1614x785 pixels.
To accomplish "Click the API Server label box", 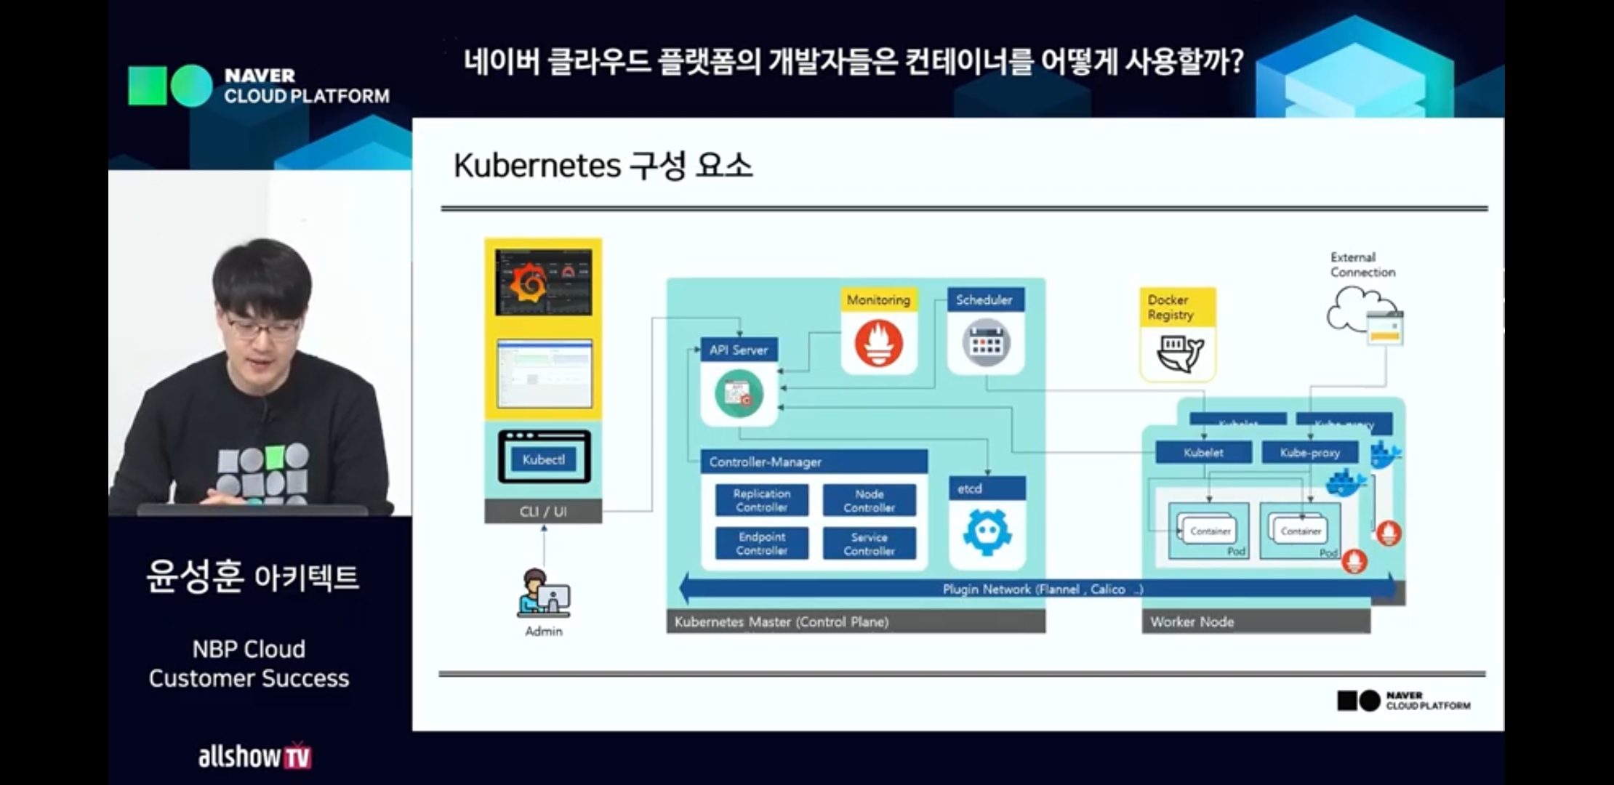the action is coord(739,350).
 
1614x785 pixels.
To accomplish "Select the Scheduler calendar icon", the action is coord(986,342).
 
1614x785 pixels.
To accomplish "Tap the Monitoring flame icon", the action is coord(879,343).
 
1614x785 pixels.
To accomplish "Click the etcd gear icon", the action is coord(987,531).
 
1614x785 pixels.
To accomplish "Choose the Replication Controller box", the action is coord(761,500).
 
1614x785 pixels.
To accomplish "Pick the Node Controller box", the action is coord(869,500).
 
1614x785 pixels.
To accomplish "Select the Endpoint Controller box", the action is coord(761,543).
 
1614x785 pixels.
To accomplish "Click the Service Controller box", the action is coord(869,543).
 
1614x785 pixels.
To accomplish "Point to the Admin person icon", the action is coord(542,593).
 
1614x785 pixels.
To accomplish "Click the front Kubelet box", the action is coord(1203,452).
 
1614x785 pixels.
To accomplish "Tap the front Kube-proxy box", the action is coord(1309,452).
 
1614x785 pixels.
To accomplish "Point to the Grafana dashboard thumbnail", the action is coord(544,282).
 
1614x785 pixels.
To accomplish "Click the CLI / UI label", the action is coord(543,511).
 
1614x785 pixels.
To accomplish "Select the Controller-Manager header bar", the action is coord(814,462).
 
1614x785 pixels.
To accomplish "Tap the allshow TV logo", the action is coord(254,756).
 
